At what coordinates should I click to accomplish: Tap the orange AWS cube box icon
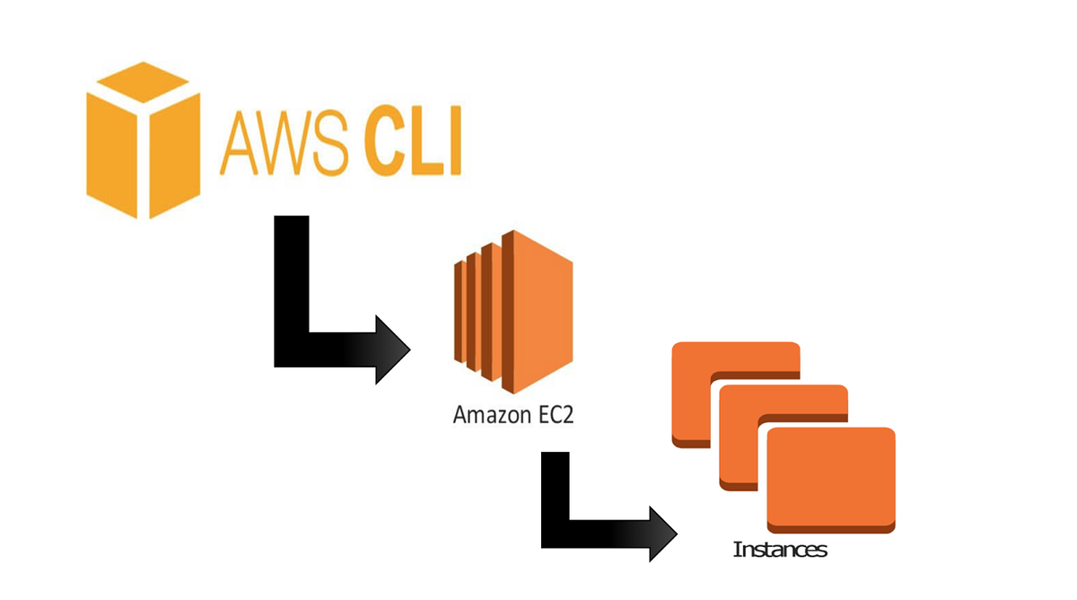pos(143,140)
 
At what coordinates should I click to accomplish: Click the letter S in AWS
pos(334,145)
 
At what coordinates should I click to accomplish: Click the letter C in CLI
pos(384,144)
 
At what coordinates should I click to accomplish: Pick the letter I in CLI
pos(454,144)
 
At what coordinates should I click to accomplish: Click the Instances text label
pos(779,550)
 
